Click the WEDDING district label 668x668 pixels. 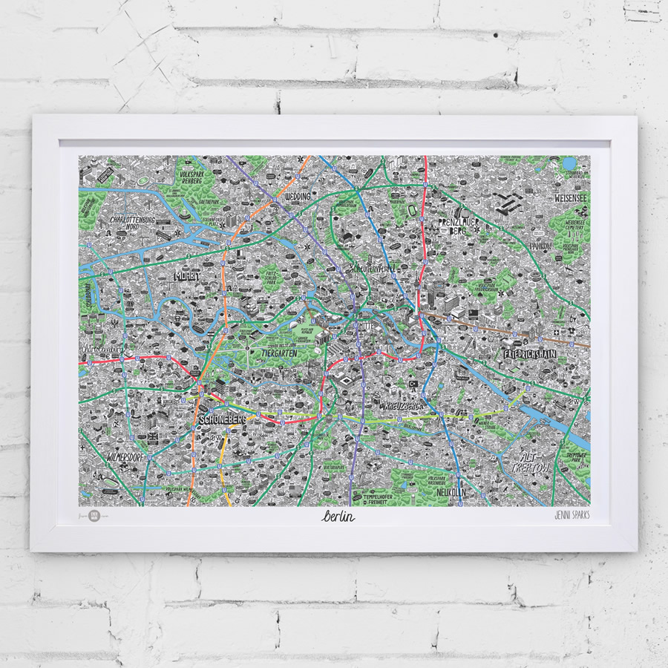tap(298, 197)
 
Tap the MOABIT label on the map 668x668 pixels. tap(186, 276)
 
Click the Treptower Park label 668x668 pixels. tap(574, 459)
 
